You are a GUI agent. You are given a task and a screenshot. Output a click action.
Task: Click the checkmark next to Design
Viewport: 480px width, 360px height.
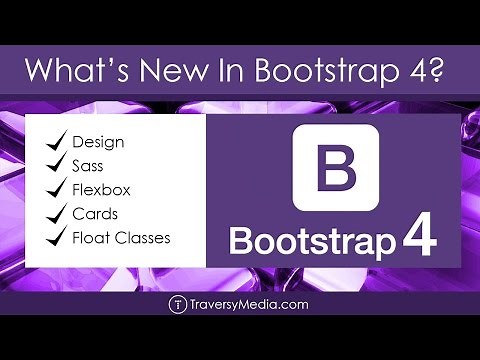[x=54, y=141]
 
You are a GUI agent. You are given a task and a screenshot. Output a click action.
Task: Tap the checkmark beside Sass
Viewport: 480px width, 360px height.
[x=54, y=166]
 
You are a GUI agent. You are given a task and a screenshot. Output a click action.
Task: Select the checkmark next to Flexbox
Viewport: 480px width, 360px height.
[x=54, y=190]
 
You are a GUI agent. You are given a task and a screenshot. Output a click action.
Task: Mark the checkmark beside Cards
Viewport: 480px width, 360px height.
[x=54, y=214]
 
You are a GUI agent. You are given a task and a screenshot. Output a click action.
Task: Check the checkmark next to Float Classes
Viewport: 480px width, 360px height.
[x=54, y=238]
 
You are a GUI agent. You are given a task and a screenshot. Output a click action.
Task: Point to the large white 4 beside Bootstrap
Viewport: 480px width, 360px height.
[x=418, y=240]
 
